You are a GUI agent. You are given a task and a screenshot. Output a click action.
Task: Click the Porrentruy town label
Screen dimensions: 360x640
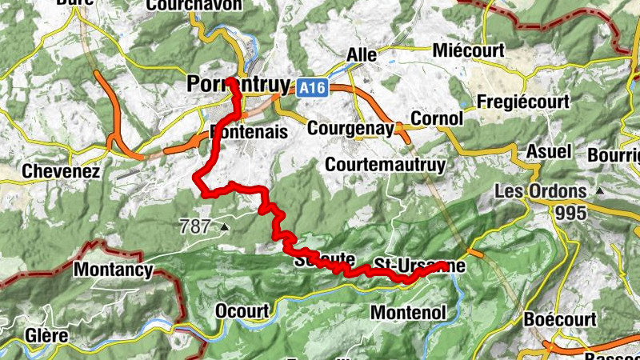coord(226,84)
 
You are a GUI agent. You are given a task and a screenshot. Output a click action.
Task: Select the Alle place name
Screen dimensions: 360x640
coord(361,54)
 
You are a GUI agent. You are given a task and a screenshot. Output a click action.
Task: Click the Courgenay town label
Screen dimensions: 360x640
coord(350,128)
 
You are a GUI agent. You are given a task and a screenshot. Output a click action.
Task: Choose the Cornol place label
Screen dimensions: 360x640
coord(436,118)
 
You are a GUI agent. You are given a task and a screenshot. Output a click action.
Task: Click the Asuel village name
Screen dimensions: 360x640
coord(549,151)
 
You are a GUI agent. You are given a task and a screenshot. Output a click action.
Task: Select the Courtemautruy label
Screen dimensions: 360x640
coord(386,164)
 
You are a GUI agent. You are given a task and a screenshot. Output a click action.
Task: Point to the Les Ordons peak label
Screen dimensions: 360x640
coord(541,192)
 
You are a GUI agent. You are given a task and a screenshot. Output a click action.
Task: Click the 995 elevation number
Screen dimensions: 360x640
coord(572,213)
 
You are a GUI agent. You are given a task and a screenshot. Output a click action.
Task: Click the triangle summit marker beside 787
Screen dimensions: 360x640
coord(224,227)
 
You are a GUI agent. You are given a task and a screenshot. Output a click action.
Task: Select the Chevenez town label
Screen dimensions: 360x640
coord(61,170)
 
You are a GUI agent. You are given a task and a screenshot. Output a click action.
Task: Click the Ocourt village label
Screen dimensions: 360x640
coord(246,310)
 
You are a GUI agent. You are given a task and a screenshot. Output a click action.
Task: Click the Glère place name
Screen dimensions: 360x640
coord(46,335)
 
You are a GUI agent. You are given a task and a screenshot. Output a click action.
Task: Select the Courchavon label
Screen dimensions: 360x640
coord(194,5)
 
